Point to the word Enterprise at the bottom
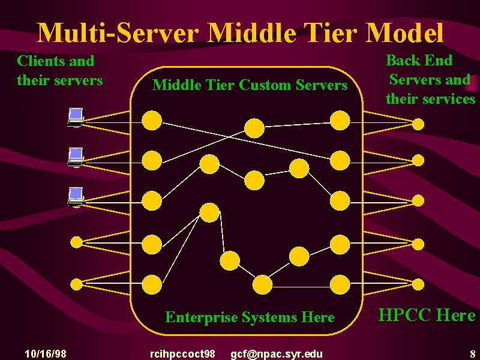point(202,317)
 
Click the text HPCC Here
point(427,315)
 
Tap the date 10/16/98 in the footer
point(46,354)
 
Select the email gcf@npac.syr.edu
point(277,354)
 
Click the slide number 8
point(473,354)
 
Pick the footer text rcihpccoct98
point(182,354)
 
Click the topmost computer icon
point(76,117)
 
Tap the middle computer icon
point(76,157)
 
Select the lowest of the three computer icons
point(76,197)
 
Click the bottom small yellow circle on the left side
point(77,284)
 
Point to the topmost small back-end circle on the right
point(418,124)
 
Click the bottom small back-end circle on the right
point(418,284)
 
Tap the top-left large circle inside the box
point(152,121)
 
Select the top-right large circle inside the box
point(340,121)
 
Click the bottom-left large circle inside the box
point(152,284)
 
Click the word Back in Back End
point(402,60)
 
